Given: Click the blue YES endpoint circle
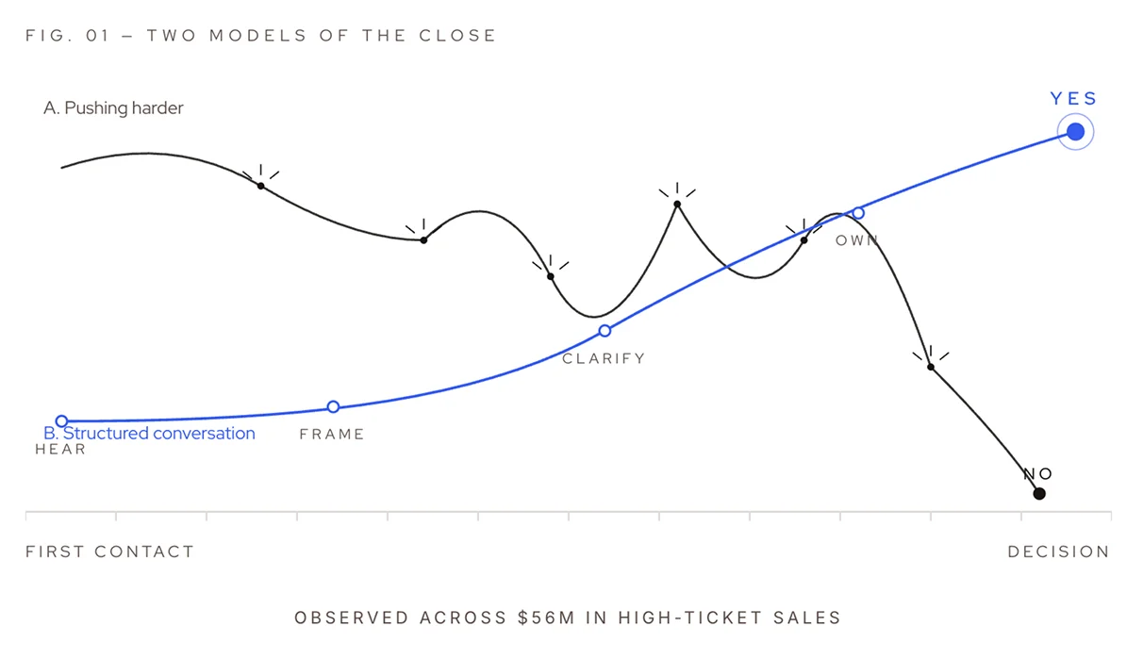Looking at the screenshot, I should [x=1075, y=132].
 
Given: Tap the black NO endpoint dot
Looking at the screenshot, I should [x=1039, y=493].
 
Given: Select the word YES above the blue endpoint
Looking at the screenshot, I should [x=1074, y=99].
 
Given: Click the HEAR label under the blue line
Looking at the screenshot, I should [x=60, y=450].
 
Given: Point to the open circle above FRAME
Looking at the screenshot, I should [x=333, y=407].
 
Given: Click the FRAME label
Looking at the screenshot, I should [x=332, y=435].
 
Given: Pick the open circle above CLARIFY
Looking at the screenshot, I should [x=605, y=331].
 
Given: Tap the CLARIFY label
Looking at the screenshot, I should [x=604, y=358].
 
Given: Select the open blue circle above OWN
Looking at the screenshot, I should [x=858, y=213].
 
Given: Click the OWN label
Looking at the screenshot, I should [x=856, y=240].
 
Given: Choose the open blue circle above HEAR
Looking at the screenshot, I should [x=61, y=421].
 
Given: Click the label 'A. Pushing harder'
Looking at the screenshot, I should [x=113, y=108].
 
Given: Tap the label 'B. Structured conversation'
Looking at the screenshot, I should [x=150, y=434].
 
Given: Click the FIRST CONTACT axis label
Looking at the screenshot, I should [x=109, y=552].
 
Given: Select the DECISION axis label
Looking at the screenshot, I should [x=1058, y=552].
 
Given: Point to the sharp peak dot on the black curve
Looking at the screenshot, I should [x=677, y=204].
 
